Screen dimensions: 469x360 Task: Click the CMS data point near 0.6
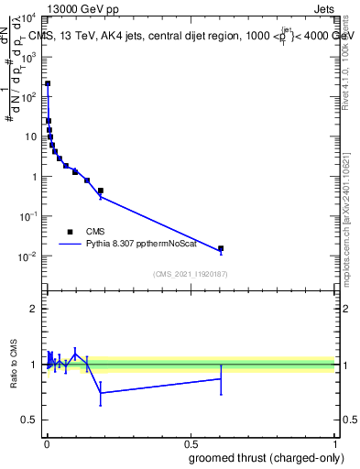(221, 248)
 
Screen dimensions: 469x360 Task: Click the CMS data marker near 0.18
(100, 191)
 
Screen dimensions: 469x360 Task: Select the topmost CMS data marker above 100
(48, 83)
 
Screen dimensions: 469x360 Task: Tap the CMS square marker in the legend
(70, 232)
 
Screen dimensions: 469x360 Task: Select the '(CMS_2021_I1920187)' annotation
(191, 273)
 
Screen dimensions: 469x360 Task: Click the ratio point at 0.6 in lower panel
(221, 378)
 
